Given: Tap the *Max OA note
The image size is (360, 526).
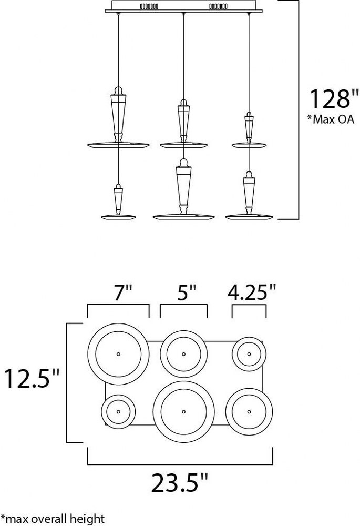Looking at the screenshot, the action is point(331,119).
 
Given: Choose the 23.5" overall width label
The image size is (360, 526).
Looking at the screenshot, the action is point(180,483).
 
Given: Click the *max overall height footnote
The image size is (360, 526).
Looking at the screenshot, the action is point(53,519).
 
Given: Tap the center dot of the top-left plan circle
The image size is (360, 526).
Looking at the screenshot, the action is point(118,354).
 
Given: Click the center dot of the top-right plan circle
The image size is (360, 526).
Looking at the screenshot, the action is point(249,354).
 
